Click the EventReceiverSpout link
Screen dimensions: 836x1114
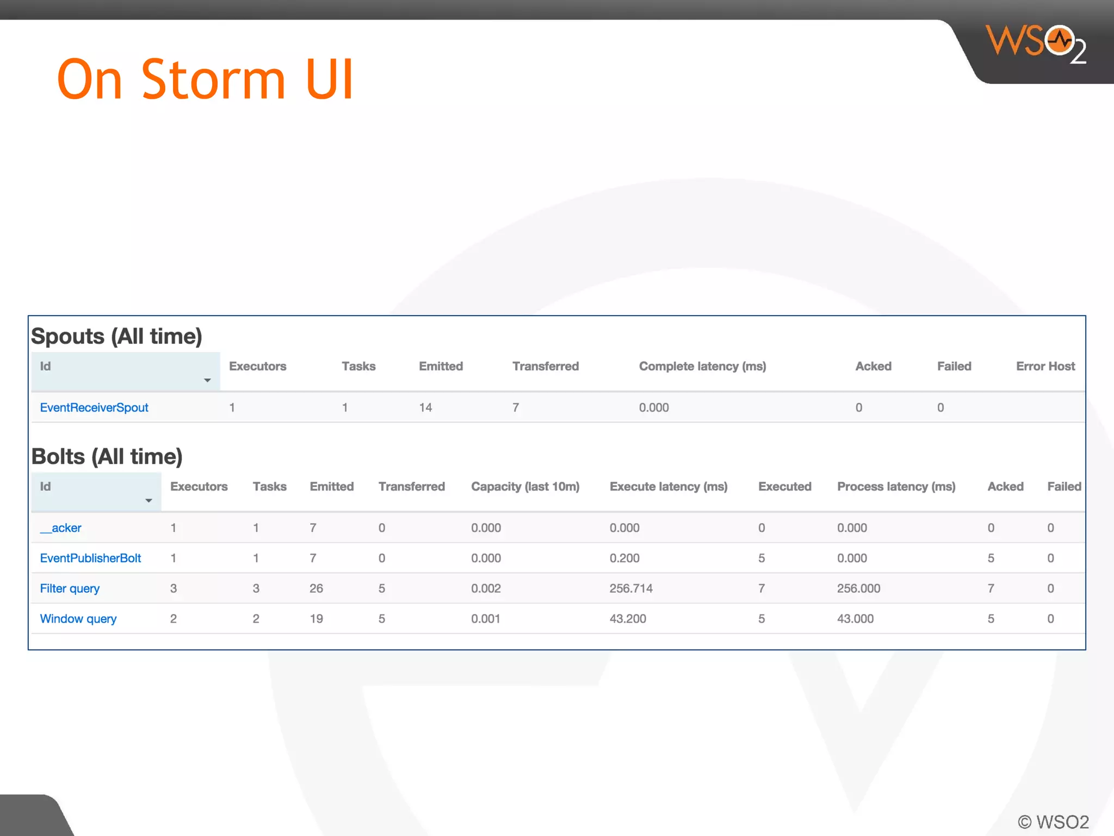[94, 408]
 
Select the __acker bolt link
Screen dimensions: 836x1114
[61, 528]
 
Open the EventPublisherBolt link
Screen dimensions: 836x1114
[90, 558]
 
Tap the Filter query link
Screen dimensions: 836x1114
[70, 588]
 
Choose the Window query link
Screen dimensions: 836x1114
[78, 619]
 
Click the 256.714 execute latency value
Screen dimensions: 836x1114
[631, 588]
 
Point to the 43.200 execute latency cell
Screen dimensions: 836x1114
[628, 619]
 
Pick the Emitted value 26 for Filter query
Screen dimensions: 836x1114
[316, 588]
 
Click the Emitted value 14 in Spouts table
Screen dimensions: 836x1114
[425, 408]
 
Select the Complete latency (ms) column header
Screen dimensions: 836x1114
[702, 366]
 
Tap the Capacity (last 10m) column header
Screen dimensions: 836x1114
[525, 487]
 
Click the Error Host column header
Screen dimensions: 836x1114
[1045, 366]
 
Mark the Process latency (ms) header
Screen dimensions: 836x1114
[896, 487]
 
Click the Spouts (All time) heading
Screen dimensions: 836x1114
[116, 336]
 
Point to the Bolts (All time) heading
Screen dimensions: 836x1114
[107, 457]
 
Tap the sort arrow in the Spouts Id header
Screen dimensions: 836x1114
[207, 380]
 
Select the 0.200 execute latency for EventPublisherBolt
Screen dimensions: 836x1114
[624, 558]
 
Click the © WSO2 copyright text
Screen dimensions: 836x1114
[1053, 822]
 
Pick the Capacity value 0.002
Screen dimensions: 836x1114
[486, 588]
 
